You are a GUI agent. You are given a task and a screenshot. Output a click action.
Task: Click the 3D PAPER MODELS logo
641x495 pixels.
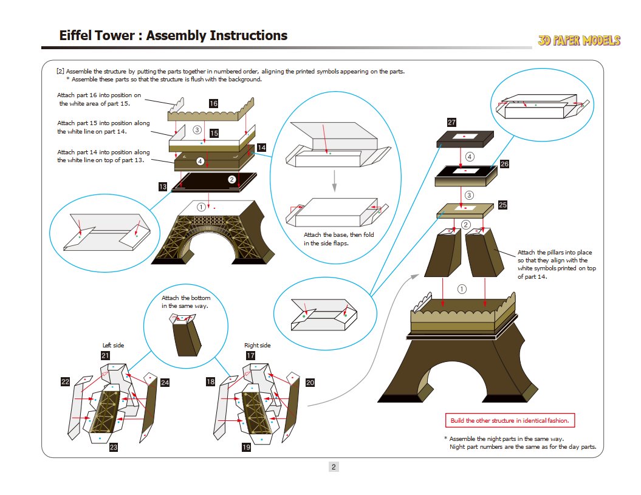coord(578,41)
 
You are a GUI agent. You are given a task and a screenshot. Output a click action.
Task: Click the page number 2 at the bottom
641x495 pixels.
coord(334,467)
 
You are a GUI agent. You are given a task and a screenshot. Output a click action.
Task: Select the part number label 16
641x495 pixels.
coord(213,104)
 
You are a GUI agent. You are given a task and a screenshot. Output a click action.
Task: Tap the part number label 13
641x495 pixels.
coord(163,187)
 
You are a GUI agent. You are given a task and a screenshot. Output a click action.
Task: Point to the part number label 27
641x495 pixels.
coord(451,123)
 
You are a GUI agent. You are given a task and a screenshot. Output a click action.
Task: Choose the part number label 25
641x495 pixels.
coord(502,205)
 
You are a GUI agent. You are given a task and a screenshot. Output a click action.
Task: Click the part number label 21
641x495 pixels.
coord(105,355)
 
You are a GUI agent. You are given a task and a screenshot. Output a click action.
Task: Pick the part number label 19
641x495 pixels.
coord(246,447)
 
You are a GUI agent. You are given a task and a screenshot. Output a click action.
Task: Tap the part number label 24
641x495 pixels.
coord(165,383)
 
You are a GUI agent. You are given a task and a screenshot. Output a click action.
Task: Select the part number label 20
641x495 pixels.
coord(310,383)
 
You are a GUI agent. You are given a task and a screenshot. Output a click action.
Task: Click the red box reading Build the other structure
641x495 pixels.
coord(510,420)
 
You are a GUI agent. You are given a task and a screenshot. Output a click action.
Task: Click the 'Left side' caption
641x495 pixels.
coord(113,346)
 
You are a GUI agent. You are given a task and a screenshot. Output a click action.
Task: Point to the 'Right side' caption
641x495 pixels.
coord(258,346)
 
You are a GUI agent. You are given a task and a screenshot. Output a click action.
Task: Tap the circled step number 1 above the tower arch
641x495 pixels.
coord(202,207)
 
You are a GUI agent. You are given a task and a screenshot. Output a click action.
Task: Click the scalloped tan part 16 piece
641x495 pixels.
coord(210,113)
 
